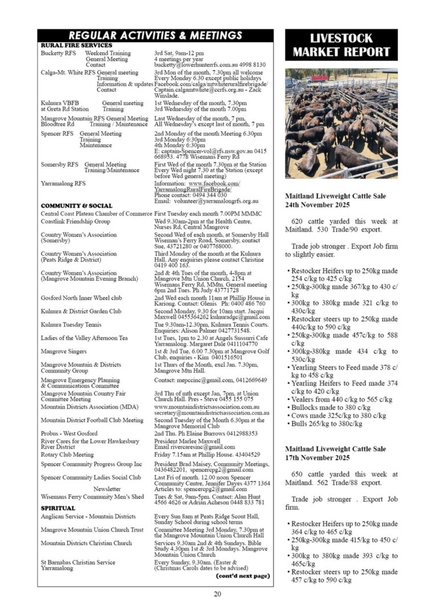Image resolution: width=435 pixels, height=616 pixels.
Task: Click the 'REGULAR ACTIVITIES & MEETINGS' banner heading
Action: point(155,36)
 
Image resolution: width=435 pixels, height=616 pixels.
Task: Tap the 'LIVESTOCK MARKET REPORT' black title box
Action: point(341,46)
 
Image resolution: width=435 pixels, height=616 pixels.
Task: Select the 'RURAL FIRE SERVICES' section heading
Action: point(76,45)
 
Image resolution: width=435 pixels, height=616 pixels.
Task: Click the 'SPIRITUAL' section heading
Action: point(58,508)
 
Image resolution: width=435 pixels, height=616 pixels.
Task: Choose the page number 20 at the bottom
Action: point(217,594)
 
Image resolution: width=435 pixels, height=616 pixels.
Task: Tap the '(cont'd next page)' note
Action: point(242,576)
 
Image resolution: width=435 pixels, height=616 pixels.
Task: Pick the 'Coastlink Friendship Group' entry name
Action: point(75,221)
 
